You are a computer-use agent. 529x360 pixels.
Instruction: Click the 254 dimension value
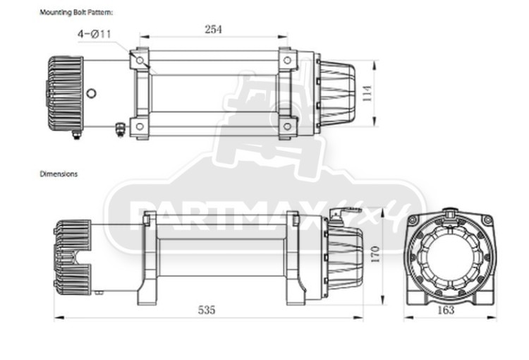[214, 30]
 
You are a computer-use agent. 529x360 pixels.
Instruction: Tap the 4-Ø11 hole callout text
[94, 34]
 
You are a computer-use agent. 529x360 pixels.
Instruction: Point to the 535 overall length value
[207, 310]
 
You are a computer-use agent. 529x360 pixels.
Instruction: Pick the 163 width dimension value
[446, 310]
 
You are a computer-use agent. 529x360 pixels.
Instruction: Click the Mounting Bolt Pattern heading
[76, 13]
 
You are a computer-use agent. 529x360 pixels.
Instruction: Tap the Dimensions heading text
[59, 174]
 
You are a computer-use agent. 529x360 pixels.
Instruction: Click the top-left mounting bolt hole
[140, 61]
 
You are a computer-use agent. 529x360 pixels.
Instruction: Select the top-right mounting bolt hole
[287, 61]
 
